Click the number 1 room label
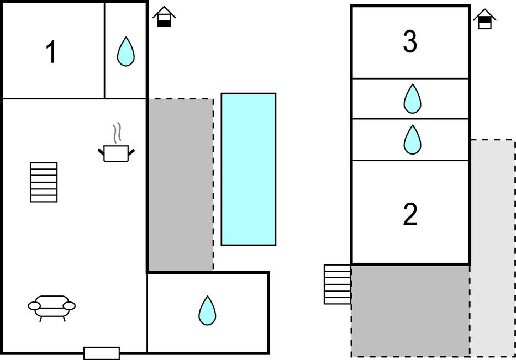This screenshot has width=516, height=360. click(x=51, y=53)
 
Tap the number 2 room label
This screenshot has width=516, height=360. click(x=410, y=215)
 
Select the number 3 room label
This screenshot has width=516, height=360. click(x=410, y=43)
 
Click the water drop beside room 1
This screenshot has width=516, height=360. click(x=126, y=52)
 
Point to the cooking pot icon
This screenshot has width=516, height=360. click(x=116, y=153)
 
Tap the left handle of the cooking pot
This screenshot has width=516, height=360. click(x=101, y=150)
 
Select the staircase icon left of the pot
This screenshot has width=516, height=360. click(x=44, y=182)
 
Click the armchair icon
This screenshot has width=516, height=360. click(x=52, y=306)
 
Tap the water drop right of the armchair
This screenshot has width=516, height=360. click(x=207, y=311)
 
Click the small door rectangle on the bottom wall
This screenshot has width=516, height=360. click(x=102, y=353)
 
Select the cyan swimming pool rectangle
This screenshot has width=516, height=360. click(x=249, y=169)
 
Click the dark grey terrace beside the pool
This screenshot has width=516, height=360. click(x=181, y=185)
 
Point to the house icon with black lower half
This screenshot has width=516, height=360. click(x=164, y=17)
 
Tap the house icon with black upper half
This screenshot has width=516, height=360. click(x=485, y=19)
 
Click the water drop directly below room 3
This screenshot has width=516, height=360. click(x=412, y=99)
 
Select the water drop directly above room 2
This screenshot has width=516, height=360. click(x=412, y=140)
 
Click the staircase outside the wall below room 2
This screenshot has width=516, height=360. click(x=338, y=284)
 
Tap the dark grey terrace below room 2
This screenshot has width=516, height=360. click(x=410, y=310)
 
